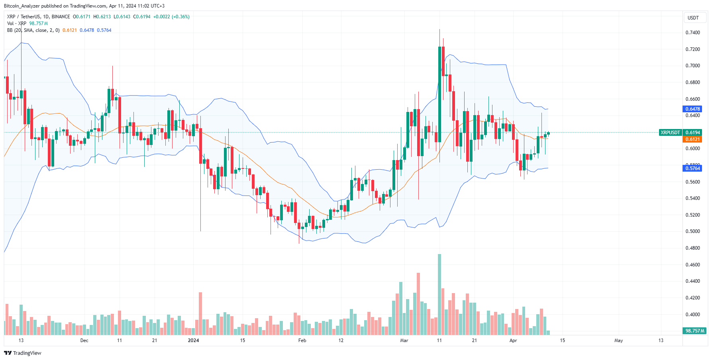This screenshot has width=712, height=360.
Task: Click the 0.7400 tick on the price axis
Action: (x=692, y=33)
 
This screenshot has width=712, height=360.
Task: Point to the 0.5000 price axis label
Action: (x=692, y=231)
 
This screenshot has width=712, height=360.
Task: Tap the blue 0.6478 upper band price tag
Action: (x=692, y=109)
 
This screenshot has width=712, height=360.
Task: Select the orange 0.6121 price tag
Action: (x=692, y=139)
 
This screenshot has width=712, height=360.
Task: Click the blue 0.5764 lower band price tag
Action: (x=692, y=168)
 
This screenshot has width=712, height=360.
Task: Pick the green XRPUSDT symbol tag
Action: (x=670, y=133)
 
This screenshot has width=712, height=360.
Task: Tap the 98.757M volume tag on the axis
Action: (x=695, y=331)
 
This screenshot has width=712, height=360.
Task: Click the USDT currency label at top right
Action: (x=693, y=18)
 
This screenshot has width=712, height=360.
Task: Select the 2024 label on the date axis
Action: (x=193, y=340)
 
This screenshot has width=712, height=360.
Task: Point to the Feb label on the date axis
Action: (x=302, y=340)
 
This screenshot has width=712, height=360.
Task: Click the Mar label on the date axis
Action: (x=404, y=340)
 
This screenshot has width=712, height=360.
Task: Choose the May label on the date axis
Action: (x=618, y=340)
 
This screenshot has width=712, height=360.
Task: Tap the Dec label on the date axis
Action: (x=84, y=340)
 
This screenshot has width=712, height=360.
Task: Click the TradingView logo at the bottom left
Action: (x=23, y=353)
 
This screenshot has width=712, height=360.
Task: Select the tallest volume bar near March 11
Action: (x=439, y=295)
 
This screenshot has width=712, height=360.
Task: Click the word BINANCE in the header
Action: (x=61, y=17)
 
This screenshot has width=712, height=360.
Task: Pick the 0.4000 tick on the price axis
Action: (x=692, y=315)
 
